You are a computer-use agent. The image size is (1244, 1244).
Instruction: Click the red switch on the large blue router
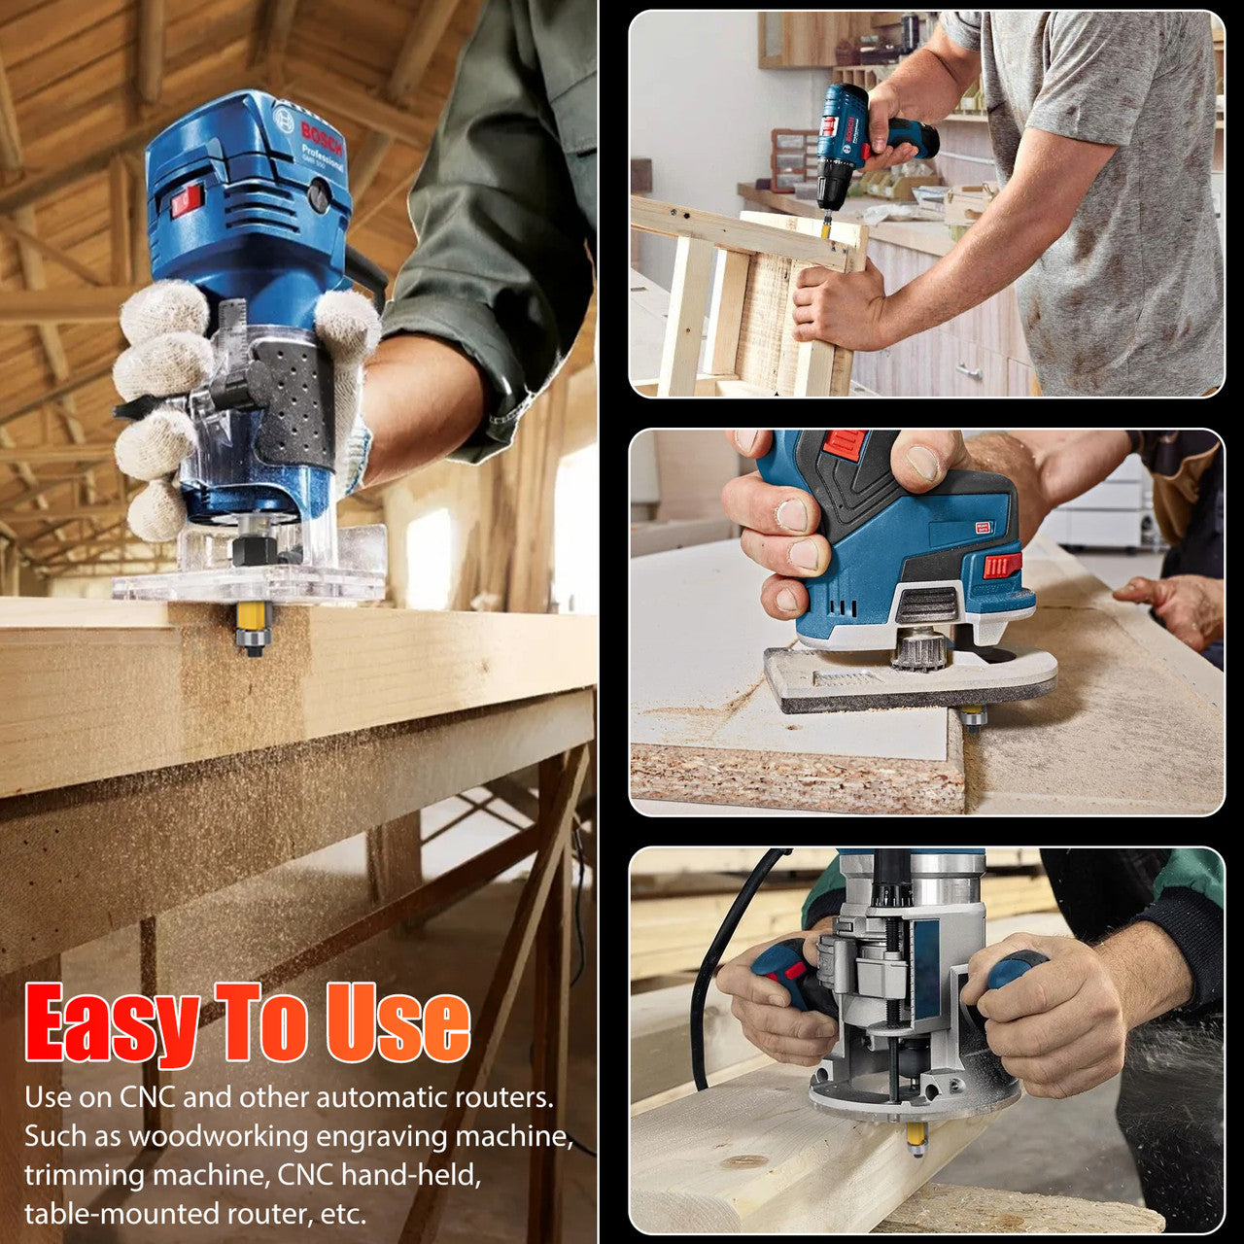coord(185,201)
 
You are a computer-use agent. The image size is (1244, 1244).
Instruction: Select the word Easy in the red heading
coord(109,1025)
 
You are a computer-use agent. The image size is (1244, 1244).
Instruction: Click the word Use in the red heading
coord(398,1023)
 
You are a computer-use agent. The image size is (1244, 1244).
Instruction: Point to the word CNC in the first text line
coord(147,1097)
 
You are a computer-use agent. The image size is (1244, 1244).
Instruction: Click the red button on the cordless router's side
coord(1001,566)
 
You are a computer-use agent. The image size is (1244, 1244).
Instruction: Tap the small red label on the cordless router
coord(981,529)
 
